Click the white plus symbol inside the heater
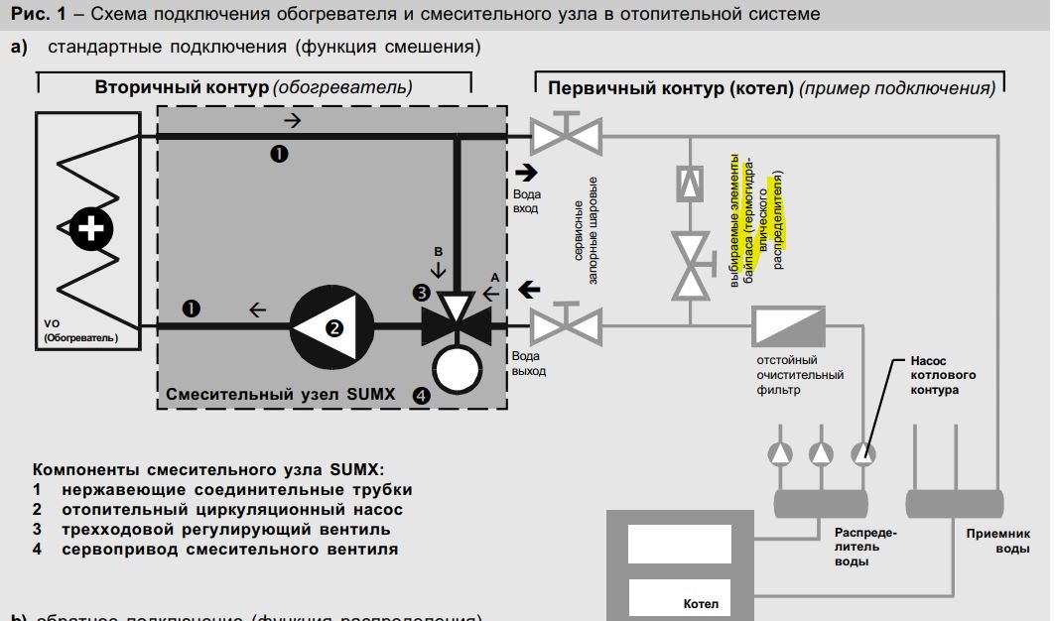91,229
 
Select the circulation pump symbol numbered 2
331,323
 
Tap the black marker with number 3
421,293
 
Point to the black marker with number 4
421,395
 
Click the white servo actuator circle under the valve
456,369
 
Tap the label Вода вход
527,202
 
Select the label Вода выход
529,363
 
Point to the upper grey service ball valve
565,136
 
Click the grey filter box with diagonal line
789,324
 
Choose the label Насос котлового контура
943,376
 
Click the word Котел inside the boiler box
701,602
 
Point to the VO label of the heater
54,323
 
